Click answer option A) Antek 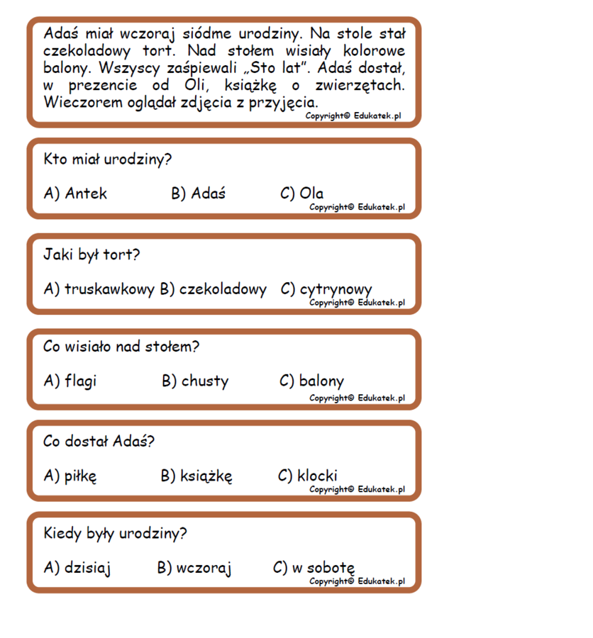click(75, 194)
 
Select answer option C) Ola click(302, 194)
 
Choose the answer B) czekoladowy click(213, 289)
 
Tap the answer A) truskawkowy click(99, 289)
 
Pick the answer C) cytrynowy click(326, 289)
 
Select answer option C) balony click(311, 381)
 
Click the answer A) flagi click(70, 381)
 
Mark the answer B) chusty click(195, 381)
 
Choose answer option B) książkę click(196, 476)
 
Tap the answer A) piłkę click(70, 476)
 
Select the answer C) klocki click(308, 476)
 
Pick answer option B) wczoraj click(194, 569)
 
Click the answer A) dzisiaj click(77, 569)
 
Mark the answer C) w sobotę click(314, 569)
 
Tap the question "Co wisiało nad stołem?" click(121, 347)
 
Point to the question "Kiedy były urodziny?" click(115, 533)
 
